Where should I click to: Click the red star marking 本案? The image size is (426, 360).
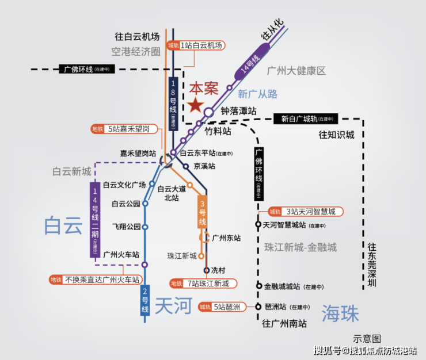click(195, 105)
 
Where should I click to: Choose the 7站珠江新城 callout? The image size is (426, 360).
click(201, 284)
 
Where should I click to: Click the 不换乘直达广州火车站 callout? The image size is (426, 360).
click(94, 280)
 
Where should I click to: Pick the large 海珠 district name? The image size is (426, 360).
click(340, 313)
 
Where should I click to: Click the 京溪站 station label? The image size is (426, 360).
click(204, 166)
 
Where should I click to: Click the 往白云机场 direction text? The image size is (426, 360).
click(136, 36)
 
